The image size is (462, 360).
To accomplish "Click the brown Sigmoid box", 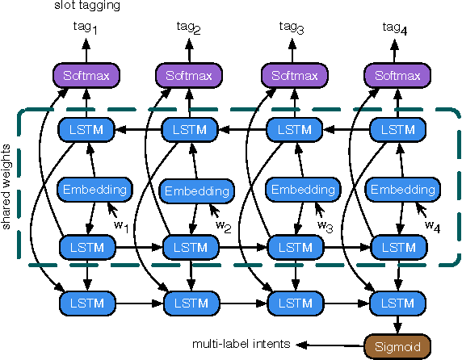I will pyautogui.click(x=395, y=344).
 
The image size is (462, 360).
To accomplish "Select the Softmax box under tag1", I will pyautogui.click(x=87, y=77).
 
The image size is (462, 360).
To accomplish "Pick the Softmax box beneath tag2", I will pyautogui.click(x=190, y=77).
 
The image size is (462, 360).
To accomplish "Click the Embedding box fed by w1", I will pyautogui.click(x=94, y=190).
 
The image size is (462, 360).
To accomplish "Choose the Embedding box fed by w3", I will pyautogui.click(x=302, y=190).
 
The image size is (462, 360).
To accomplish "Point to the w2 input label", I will pyautogui.click(x=224, y=225).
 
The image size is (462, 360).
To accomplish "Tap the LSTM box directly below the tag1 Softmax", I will pyautogui.click(x=87, y=128).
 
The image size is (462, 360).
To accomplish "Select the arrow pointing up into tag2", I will pyautogui.click(x=190, y=51).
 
